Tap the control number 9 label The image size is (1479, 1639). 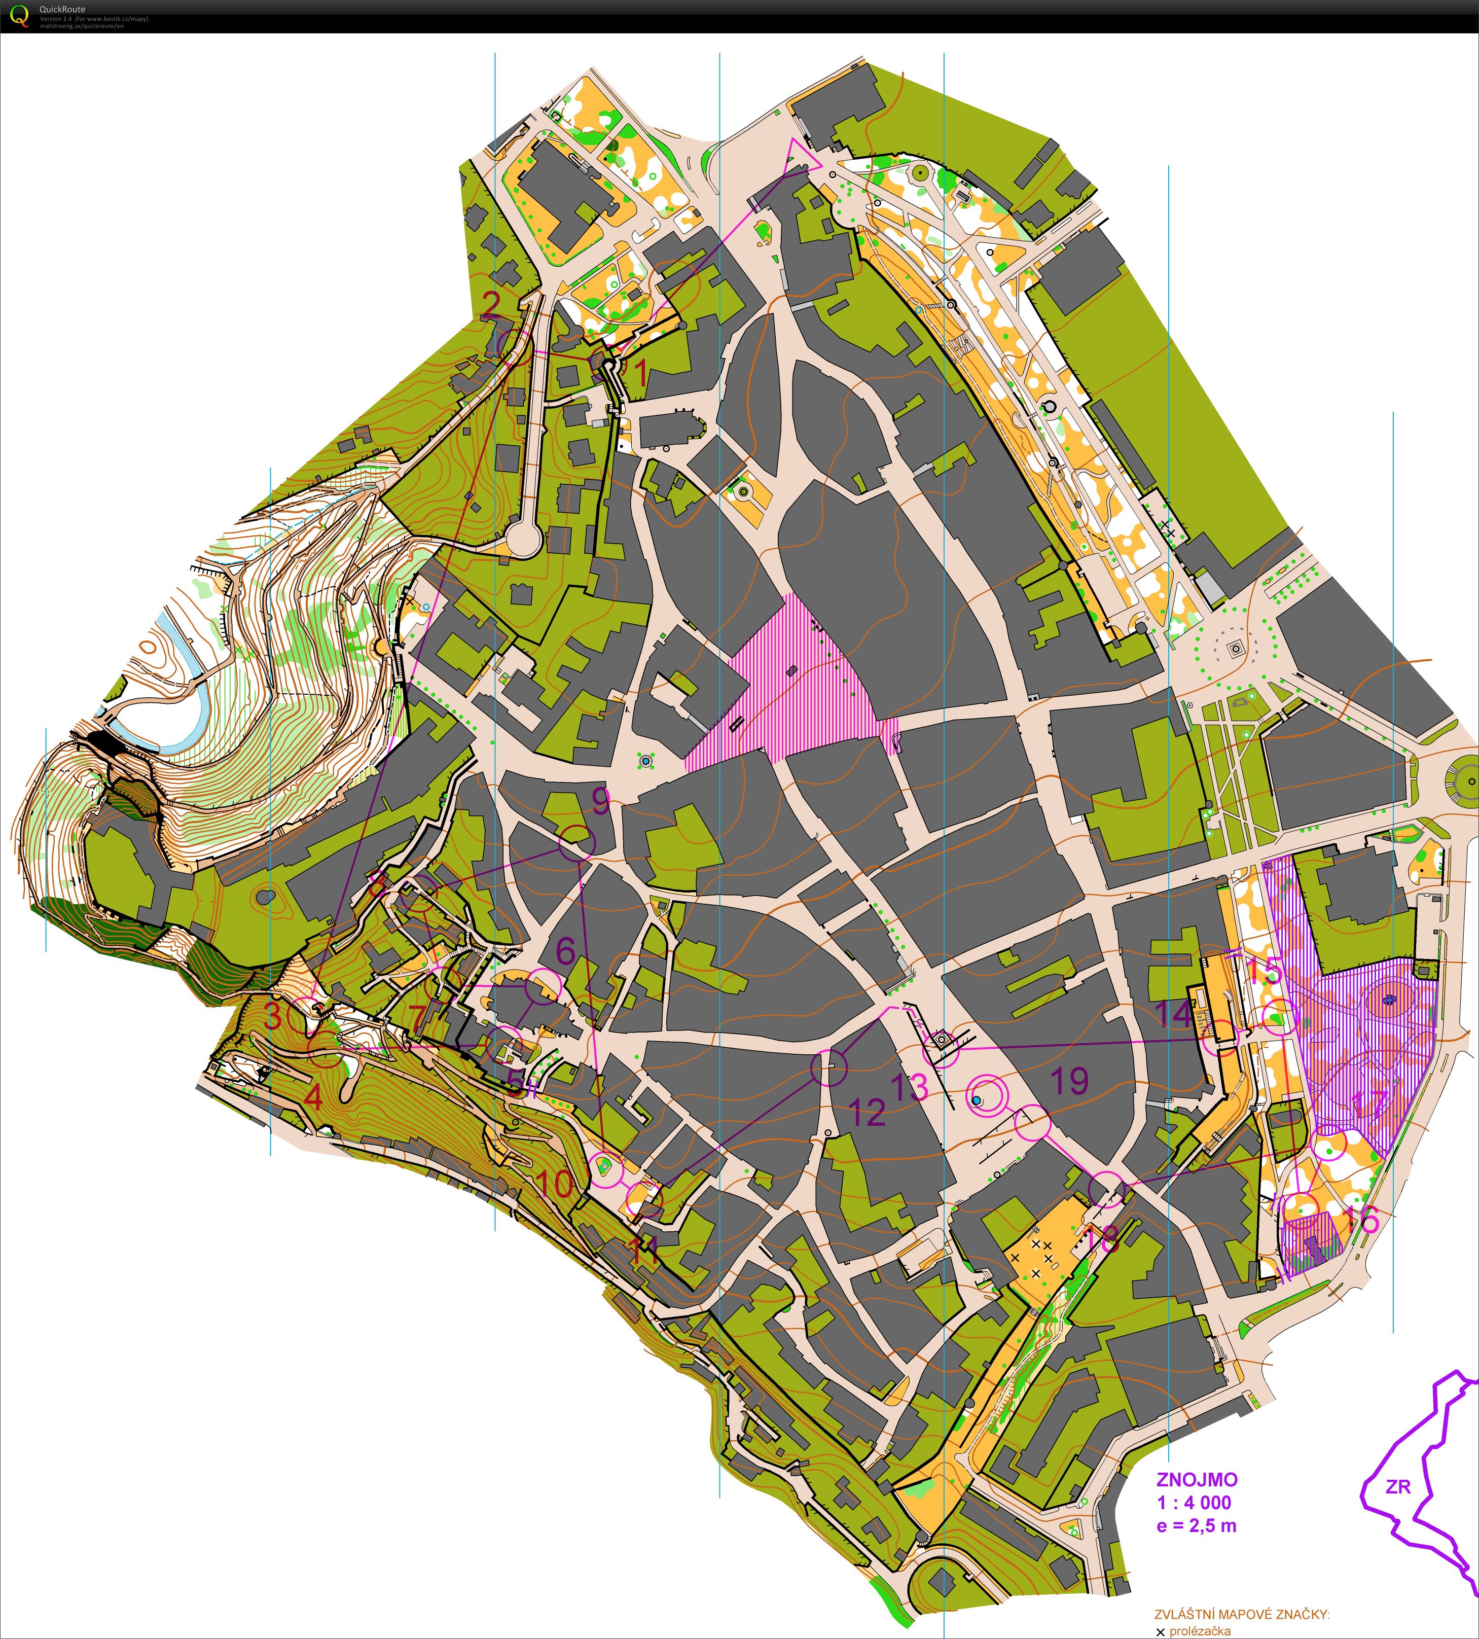point(600,802)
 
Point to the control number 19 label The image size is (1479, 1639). point(1069,1081)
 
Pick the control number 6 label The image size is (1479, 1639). point(566,951)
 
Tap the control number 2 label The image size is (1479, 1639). point(491,304)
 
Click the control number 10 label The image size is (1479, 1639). point(555,1183)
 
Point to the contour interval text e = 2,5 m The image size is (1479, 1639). point(1196,1525)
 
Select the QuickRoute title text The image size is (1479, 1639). point(62,10)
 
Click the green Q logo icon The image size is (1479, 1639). point(19,15)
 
